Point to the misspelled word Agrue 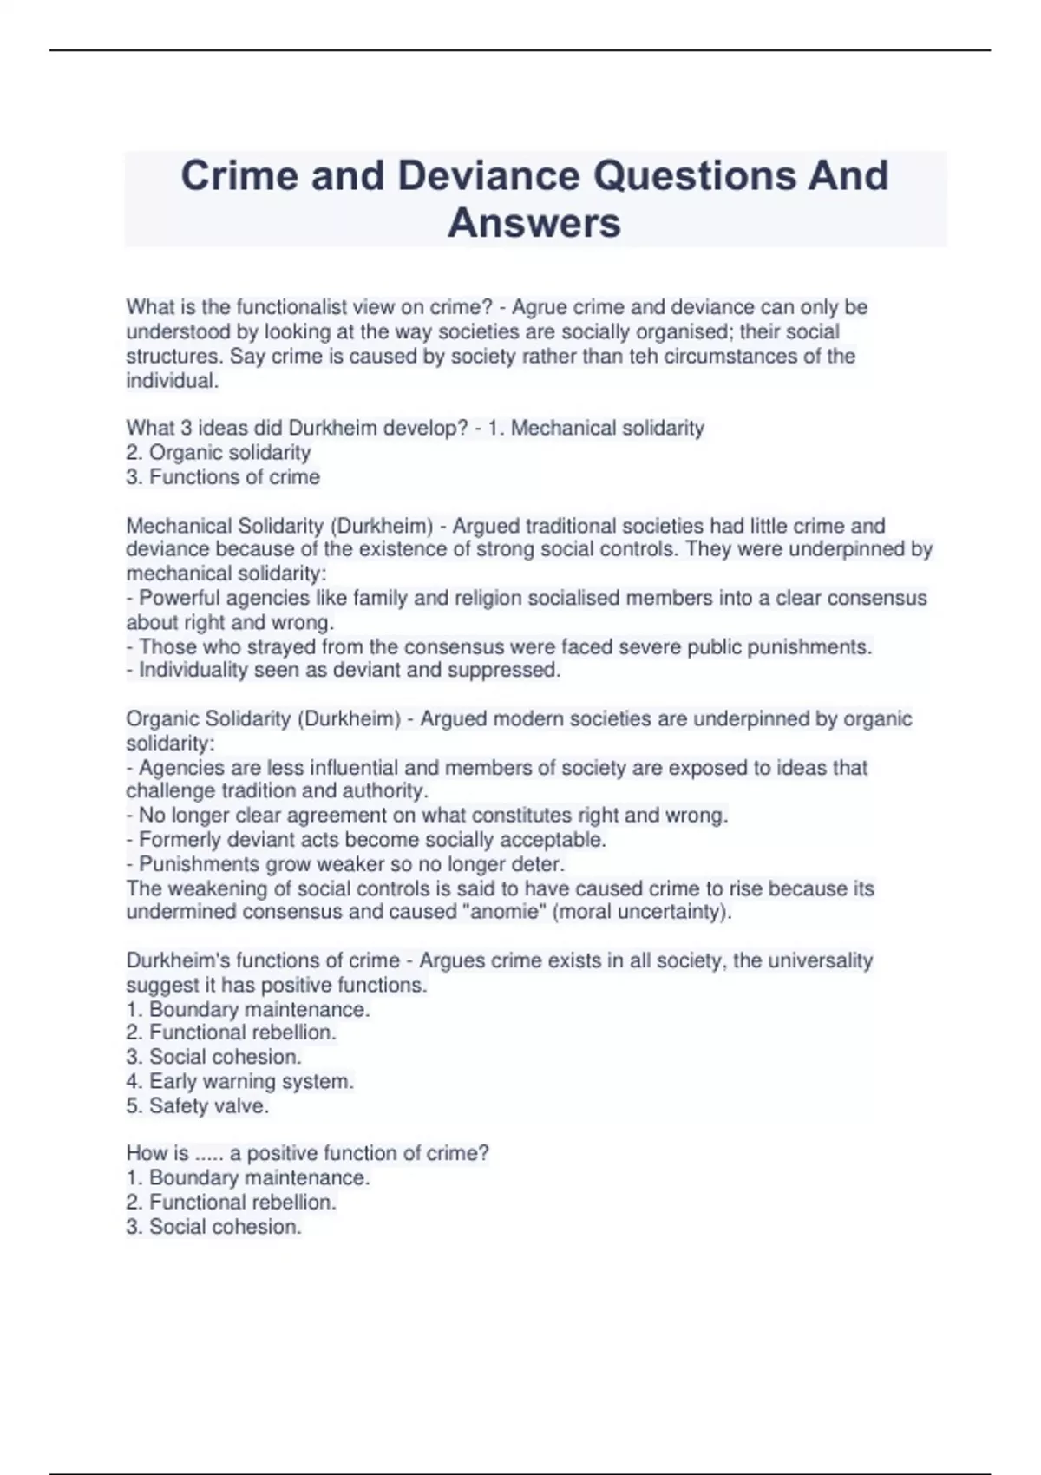(x=540, y=307)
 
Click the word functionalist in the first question (x=256, y=307)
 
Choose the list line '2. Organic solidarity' (x=218, y=452)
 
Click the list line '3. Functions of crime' (x=223, y=476)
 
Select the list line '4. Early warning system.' (x=239, y=1081)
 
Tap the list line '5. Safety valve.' (x=198, y=1105)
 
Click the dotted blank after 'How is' (x=209, y=1153)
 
